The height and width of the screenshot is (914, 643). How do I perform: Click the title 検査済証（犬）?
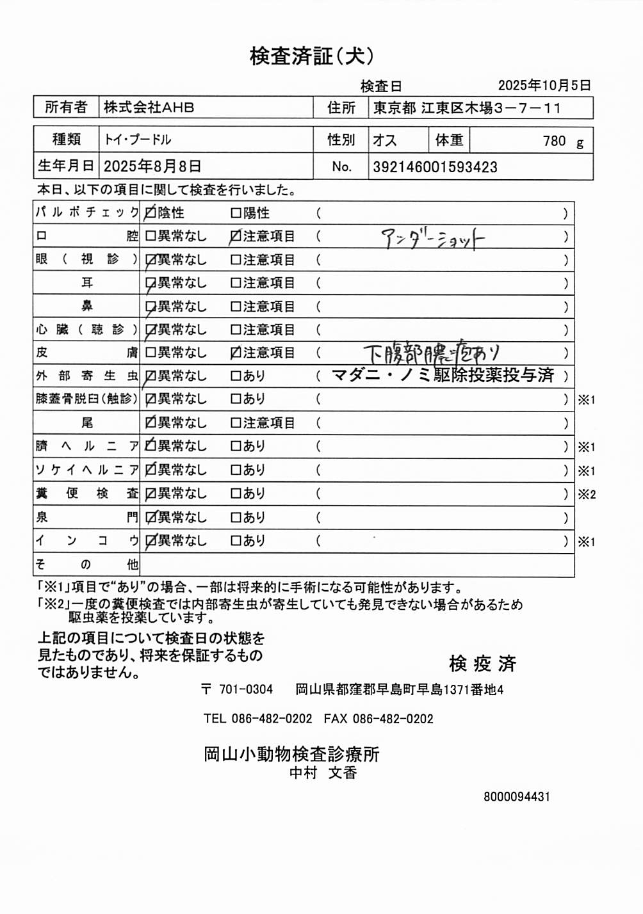[312, 56]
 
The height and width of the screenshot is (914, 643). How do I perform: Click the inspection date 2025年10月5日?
[544, 85]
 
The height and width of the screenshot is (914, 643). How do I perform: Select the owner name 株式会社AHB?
[149, 108]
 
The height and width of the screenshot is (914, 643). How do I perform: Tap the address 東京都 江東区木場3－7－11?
[467, 108]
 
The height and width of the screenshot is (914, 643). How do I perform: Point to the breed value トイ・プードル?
[138, 140]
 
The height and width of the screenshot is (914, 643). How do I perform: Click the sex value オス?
[385, 140]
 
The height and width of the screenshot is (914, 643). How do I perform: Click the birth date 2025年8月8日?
[152, 167]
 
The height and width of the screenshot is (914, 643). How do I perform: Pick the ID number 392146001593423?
[435, 168]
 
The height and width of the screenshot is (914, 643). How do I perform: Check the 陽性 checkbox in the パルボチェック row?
[236, 213]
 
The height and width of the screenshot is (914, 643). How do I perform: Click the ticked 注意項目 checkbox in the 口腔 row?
[236, 236]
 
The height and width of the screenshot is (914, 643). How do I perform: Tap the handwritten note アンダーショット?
[433, 239]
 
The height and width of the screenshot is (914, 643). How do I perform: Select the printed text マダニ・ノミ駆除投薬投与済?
[443, 376]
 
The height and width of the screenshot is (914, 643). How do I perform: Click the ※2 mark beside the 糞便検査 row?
[587, 494]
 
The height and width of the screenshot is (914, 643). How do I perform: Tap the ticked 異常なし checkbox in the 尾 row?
[151, 422]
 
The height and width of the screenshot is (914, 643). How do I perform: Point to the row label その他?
[86, 565]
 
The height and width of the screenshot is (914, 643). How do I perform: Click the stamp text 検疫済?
[482, 664]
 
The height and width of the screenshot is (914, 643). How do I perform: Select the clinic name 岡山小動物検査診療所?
[291, 754]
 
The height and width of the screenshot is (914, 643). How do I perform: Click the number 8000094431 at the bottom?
[517, 797]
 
